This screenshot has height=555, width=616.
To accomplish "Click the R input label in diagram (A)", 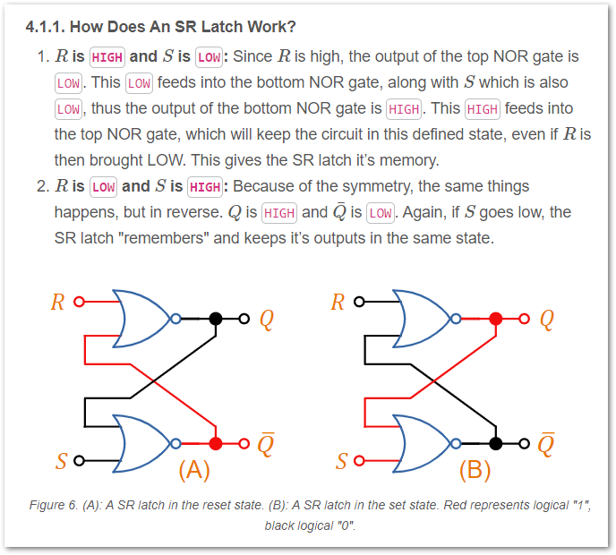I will (57, 302).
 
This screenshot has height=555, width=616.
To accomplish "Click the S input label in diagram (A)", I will (61, 462).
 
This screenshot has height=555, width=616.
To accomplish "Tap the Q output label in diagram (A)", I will (266, 319).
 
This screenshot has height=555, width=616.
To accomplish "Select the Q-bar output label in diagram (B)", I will (546, 443).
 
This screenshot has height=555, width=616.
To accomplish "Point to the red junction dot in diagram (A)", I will (215, 443).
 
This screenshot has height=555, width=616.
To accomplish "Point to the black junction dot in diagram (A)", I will (215, 318).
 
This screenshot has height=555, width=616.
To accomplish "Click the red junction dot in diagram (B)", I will (496, 318).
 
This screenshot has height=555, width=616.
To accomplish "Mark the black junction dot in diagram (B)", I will (496, 443).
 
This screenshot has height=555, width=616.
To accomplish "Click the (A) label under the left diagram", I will (194, 469).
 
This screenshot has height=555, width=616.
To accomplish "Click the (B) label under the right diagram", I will (475, 469).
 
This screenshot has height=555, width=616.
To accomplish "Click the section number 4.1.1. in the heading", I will (50, 26).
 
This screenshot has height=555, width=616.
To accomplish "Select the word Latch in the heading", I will (227, 26).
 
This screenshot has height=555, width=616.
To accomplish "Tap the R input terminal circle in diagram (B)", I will (358, 302).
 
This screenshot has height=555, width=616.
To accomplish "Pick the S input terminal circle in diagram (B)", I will (360, 462).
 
